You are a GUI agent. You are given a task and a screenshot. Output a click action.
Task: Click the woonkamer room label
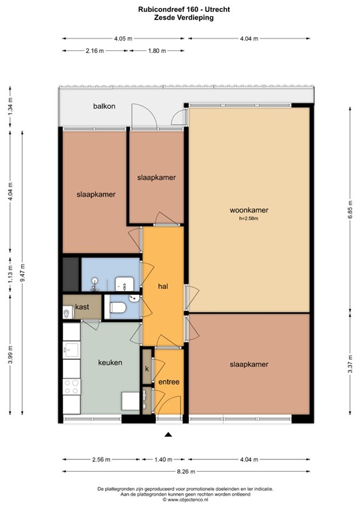[x=249, y=211]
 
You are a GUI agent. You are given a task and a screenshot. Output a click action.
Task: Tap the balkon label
[x=103, y=107]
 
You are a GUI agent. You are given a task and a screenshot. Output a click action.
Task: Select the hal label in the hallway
[x=162, y=286]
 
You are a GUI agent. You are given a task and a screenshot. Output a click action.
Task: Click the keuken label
[x=110, y=363]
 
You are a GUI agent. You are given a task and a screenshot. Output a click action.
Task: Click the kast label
[x=82, y=307]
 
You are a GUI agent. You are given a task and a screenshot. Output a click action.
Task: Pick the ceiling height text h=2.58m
[x=249, y=219]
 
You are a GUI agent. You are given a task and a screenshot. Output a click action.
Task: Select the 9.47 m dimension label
[x=22, y=270]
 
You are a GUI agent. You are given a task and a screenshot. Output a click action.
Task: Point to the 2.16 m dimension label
[x=95, y=50]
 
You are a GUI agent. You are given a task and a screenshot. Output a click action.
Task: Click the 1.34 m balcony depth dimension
[x=9, y=107]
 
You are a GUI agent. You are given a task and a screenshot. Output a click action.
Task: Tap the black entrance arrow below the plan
[x=168, y=435]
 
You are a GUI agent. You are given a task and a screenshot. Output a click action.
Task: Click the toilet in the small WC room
[x=117, y=308]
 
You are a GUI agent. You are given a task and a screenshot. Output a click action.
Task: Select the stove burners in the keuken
[x=72, y=387]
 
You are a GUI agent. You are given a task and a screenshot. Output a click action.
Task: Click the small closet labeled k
[x=147, y=369]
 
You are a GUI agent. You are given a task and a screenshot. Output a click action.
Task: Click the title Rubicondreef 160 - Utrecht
[x=179, y=9]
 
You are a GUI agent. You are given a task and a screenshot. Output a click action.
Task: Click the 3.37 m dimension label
[x=349, y=367]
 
